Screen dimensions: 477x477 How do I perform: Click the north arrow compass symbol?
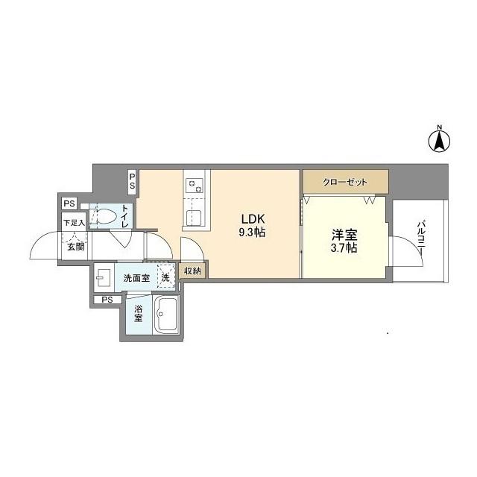coord(440,140)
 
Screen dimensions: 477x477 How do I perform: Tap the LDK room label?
coord(250,219)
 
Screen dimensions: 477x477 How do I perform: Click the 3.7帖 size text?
coord(344,247)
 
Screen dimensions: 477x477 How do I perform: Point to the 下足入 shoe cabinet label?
coord(73,222)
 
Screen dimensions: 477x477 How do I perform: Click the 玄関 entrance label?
coord(75,246)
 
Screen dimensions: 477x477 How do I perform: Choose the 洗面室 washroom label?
coord(137,277)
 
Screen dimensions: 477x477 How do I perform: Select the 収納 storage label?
coord(192,271)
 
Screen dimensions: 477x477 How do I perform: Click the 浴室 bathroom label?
coord(139,313)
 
